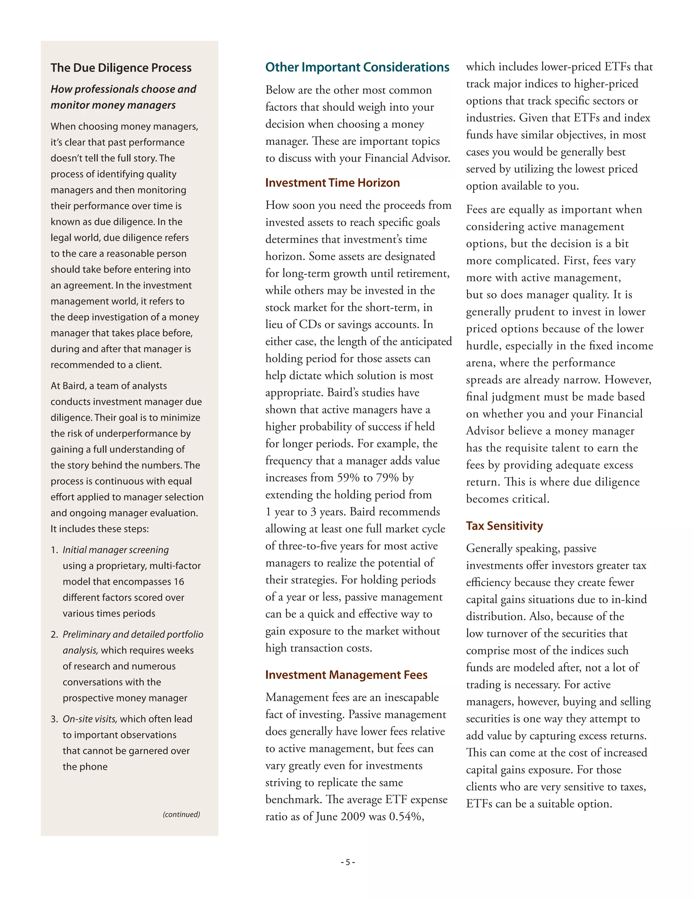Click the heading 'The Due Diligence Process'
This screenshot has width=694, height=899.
121,68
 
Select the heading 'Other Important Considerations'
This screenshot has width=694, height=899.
357,67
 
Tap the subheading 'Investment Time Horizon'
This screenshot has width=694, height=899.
332,183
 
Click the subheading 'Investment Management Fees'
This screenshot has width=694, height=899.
346,675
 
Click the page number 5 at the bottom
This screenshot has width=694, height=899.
347,862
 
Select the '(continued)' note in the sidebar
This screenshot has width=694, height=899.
181,814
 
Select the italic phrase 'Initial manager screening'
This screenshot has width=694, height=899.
116,550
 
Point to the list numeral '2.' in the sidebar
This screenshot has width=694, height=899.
55,635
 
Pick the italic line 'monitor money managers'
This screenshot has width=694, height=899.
113,106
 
